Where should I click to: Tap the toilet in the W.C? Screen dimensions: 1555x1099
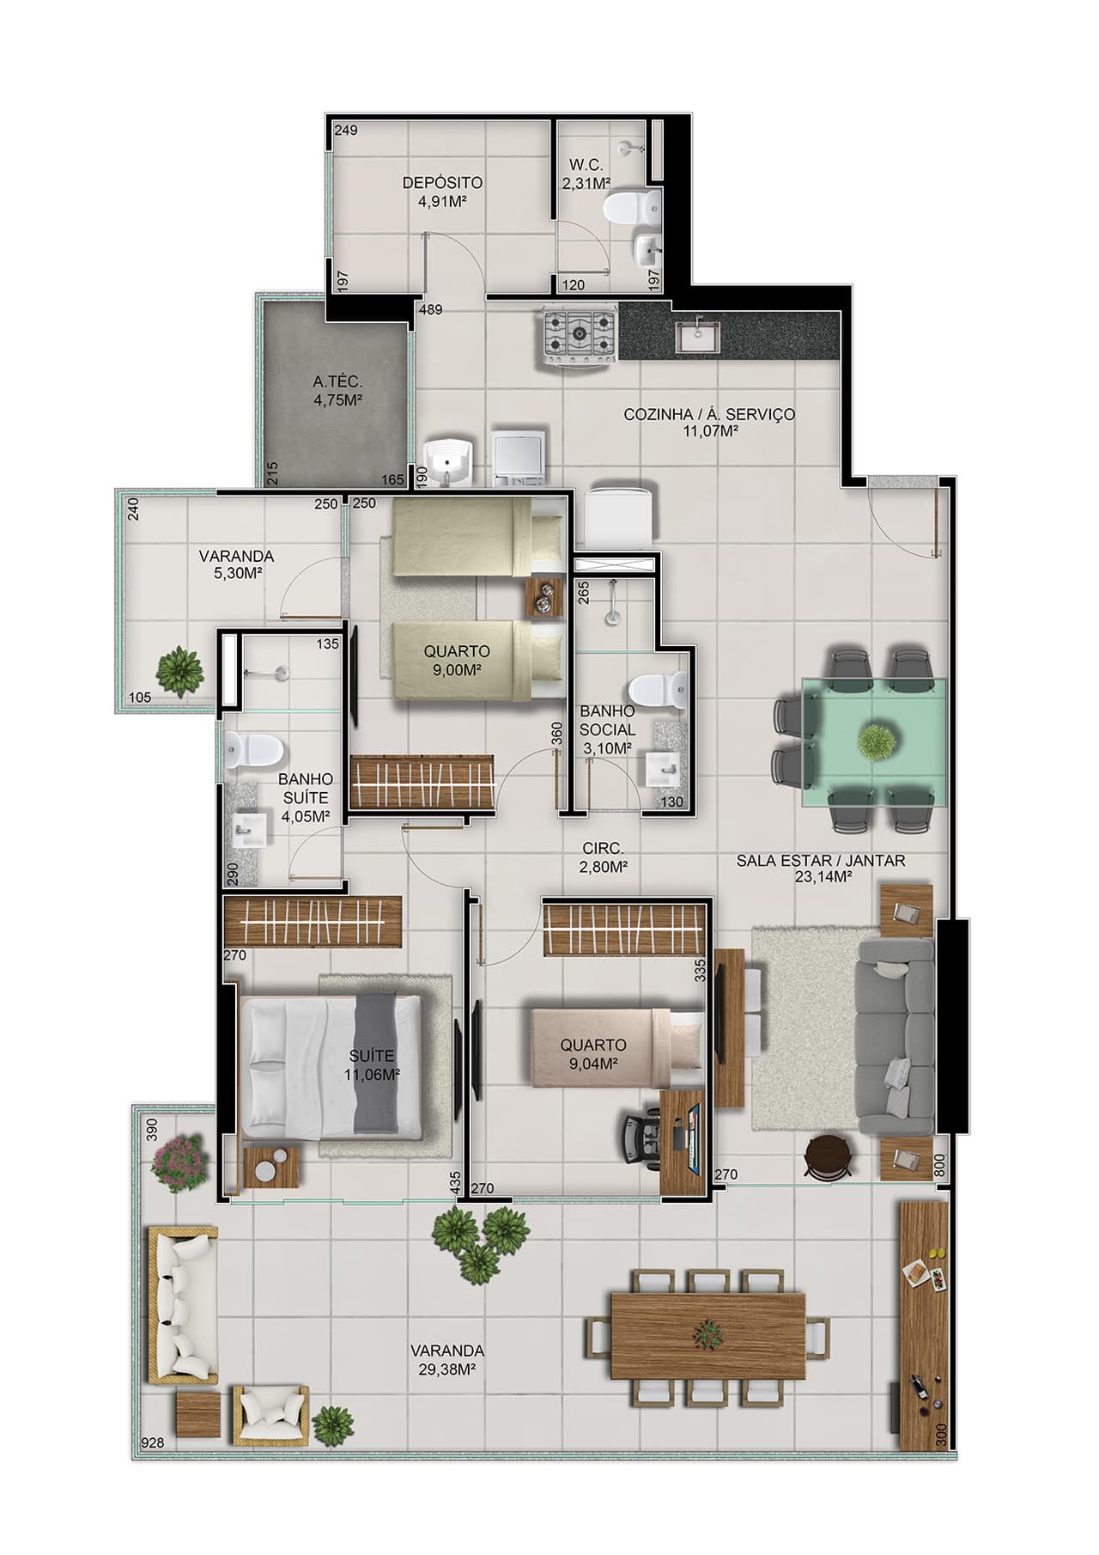(x=633, y=207)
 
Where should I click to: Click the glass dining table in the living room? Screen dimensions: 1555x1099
(x=874, y=741)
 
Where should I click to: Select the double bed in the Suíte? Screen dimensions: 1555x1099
(x=331, y=1064)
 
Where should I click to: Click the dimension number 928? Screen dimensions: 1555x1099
(x=154, y=1442)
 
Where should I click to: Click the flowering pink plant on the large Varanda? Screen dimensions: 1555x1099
(x=179, y=1164)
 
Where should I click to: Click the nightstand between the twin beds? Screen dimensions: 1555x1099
(x=542, y=596)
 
